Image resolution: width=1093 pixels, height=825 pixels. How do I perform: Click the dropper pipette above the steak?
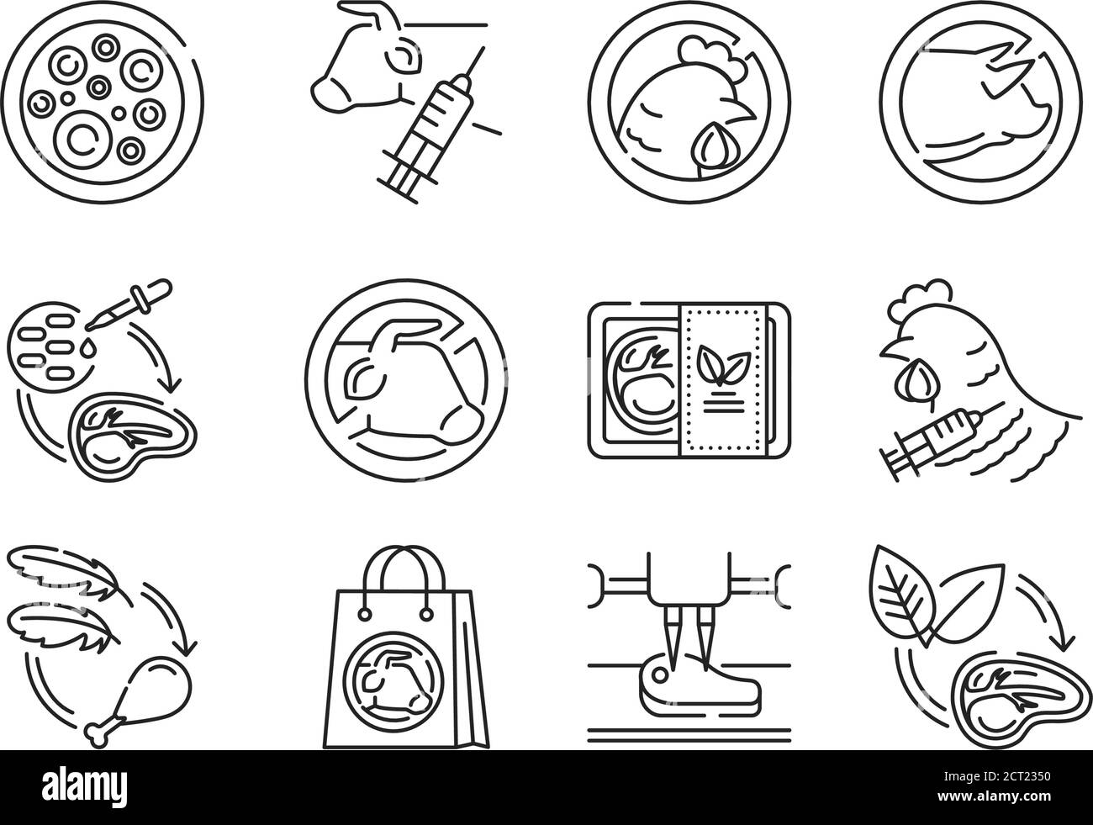129,304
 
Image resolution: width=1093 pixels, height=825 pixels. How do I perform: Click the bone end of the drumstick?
97,736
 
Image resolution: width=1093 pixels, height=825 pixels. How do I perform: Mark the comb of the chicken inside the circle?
712,55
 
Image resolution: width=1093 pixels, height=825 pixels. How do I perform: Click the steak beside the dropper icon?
132,434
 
